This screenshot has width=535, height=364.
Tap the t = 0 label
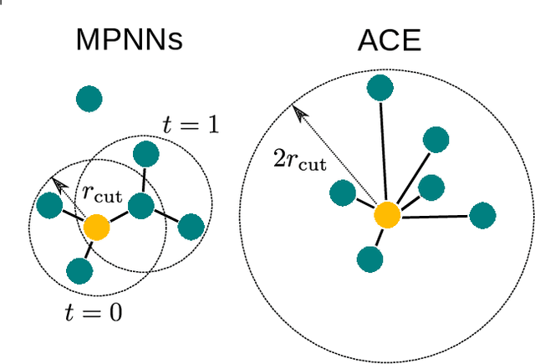[94, 313]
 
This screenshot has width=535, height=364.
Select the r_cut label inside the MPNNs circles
[102, 194]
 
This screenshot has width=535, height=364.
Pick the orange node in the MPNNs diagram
[96, 228]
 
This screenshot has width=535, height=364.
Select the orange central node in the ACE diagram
[387, 215]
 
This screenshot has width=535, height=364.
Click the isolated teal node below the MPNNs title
[89, 100]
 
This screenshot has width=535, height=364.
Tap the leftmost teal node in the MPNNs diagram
[49, 204]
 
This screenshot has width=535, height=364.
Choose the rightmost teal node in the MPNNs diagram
[191, 226]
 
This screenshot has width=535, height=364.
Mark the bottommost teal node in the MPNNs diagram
[79, 270]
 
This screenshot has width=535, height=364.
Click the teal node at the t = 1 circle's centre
[142, 205]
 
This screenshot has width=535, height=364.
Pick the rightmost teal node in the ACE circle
[483, 215]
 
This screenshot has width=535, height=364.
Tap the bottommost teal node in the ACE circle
[369, 260]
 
